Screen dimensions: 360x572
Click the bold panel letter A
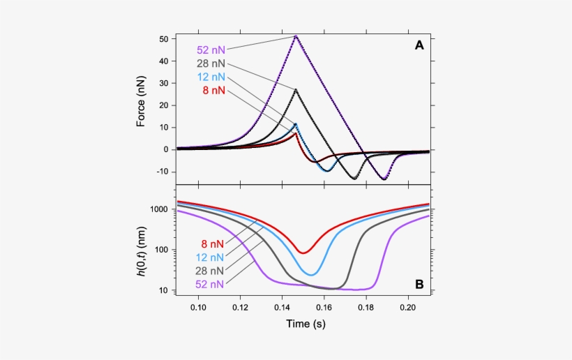point(419,45)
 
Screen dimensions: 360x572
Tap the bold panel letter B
point(419,285)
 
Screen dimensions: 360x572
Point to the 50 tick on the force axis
point(165,39)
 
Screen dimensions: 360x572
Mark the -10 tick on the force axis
point(163,172)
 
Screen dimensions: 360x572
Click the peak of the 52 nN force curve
point(296,36)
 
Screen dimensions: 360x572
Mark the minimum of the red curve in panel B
point(303,253)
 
